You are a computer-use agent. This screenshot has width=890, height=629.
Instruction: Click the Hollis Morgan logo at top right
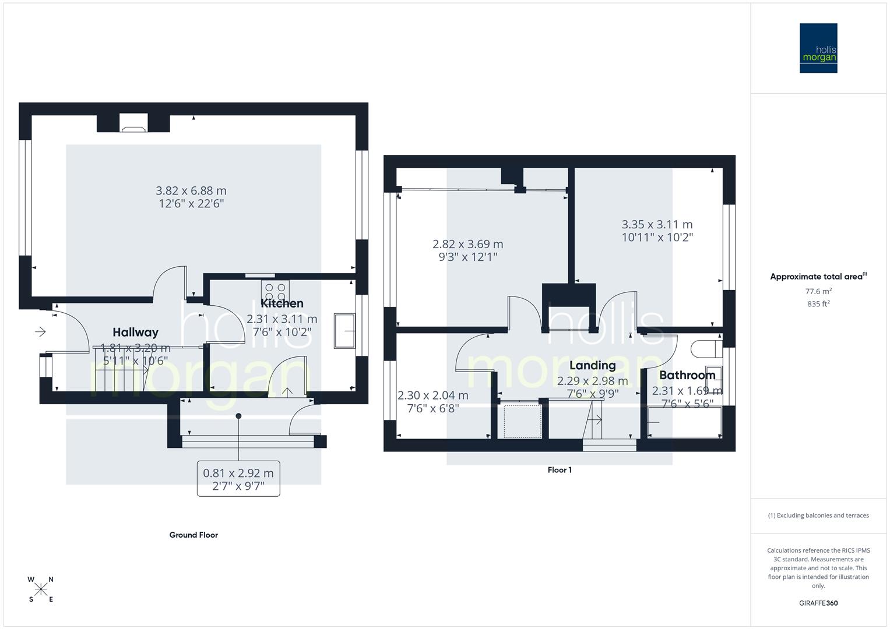818,48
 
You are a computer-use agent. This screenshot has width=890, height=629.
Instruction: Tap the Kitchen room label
282,303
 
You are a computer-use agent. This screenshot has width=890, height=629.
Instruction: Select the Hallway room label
135,333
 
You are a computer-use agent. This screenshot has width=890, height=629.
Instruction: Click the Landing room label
592,366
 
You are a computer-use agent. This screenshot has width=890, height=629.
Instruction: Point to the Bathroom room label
687,376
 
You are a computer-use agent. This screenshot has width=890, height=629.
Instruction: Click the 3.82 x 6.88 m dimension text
191,191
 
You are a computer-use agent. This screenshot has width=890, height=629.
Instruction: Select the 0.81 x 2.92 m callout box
238,479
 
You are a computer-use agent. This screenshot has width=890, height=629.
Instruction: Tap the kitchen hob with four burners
275,291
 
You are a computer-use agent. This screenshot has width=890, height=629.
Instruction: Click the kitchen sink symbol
344,331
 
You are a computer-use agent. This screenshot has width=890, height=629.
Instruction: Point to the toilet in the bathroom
703,349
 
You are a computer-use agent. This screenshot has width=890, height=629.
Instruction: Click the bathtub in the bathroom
685,423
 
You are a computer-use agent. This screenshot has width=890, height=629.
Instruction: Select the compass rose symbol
41,589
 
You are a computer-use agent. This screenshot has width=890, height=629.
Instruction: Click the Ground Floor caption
194,535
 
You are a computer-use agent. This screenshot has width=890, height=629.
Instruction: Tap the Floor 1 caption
560,470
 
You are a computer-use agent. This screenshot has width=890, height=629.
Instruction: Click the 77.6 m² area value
818,291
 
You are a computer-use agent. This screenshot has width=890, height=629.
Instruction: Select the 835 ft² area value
818,304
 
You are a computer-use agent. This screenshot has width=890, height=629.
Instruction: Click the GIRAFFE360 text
818,603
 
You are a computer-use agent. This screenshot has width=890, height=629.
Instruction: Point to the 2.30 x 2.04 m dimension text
432,395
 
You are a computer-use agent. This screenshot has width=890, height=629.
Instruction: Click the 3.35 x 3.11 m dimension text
657,225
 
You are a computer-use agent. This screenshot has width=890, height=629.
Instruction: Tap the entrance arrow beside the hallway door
40,332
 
